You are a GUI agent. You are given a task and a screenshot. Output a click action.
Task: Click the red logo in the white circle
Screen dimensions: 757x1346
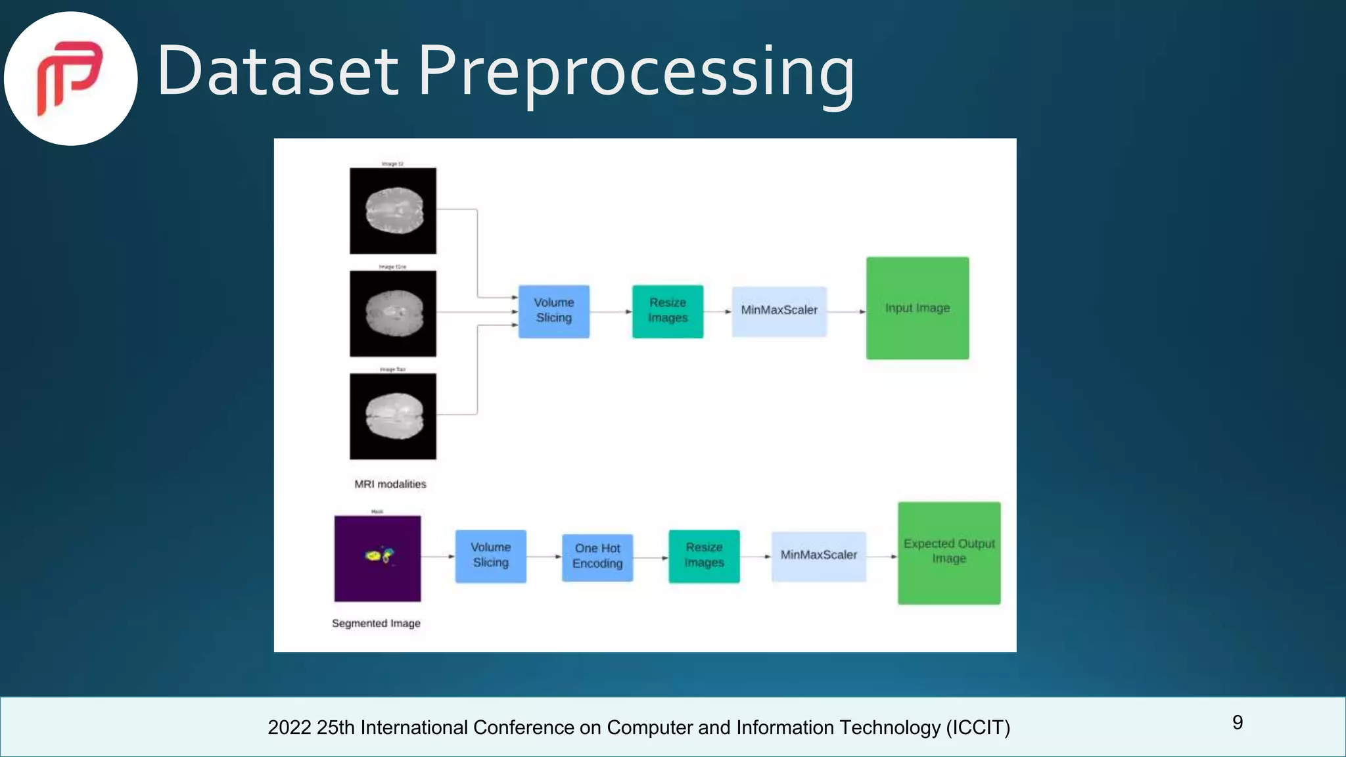tap(70, 78)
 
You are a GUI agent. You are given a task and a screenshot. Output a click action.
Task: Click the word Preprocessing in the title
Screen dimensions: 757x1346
tap(636, 71)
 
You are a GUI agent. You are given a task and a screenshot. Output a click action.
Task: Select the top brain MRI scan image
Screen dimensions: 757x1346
tap(392, 211)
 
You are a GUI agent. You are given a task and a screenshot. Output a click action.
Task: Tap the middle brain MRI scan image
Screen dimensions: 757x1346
tap(392, 313)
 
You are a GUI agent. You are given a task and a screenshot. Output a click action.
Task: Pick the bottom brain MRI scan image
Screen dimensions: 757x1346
tap(392, 416)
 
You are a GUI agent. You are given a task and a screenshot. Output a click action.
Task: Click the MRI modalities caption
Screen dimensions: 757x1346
tap(390, 484)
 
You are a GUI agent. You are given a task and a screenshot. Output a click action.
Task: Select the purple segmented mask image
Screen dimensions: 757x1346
tap(377, 559)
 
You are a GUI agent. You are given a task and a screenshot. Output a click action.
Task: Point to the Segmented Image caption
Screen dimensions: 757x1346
tap(376, 623)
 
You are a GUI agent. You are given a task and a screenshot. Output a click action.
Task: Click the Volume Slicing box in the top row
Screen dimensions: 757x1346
tap(553, 311)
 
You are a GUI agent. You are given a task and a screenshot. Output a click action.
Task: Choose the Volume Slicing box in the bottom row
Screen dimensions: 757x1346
tap(490, 555)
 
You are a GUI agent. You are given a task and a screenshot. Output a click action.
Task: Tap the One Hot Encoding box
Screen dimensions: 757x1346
tap(597, 557)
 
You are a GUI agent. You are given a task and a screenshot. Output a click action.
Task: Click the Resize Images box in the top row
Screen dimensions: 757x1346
tap(668, 311)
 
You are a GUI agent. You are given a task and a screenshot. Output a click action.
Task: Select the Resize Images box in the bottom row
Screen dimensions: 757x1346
tap(704, 555)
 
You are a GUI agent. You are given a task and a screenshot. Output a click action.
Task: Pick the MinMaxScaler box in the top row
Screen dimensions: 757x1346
tap(779, 311)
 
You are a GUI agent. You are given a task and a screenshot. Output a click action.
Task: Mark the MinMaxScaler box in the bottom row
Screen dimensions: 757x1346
tap(818, 555)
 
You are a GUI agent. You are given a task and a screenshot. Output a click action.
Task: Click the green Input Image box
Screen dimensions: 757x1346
tap(917, 308)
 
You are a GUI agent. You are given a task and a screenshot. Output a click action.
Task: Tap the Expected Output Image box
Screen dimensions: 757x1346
tap(949, 553)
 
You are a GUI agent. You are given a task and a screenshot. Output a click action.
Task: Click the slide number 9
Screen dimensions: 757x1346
tap(1238, 723)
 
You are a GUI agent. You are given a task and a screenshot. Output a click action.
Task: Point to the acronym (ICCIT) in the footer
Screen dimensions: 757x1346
tap(978, 727)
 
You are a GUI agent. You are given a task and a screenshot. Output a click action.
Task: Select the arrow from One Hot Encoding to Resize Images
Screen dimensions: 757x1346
tap(651, 557)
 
